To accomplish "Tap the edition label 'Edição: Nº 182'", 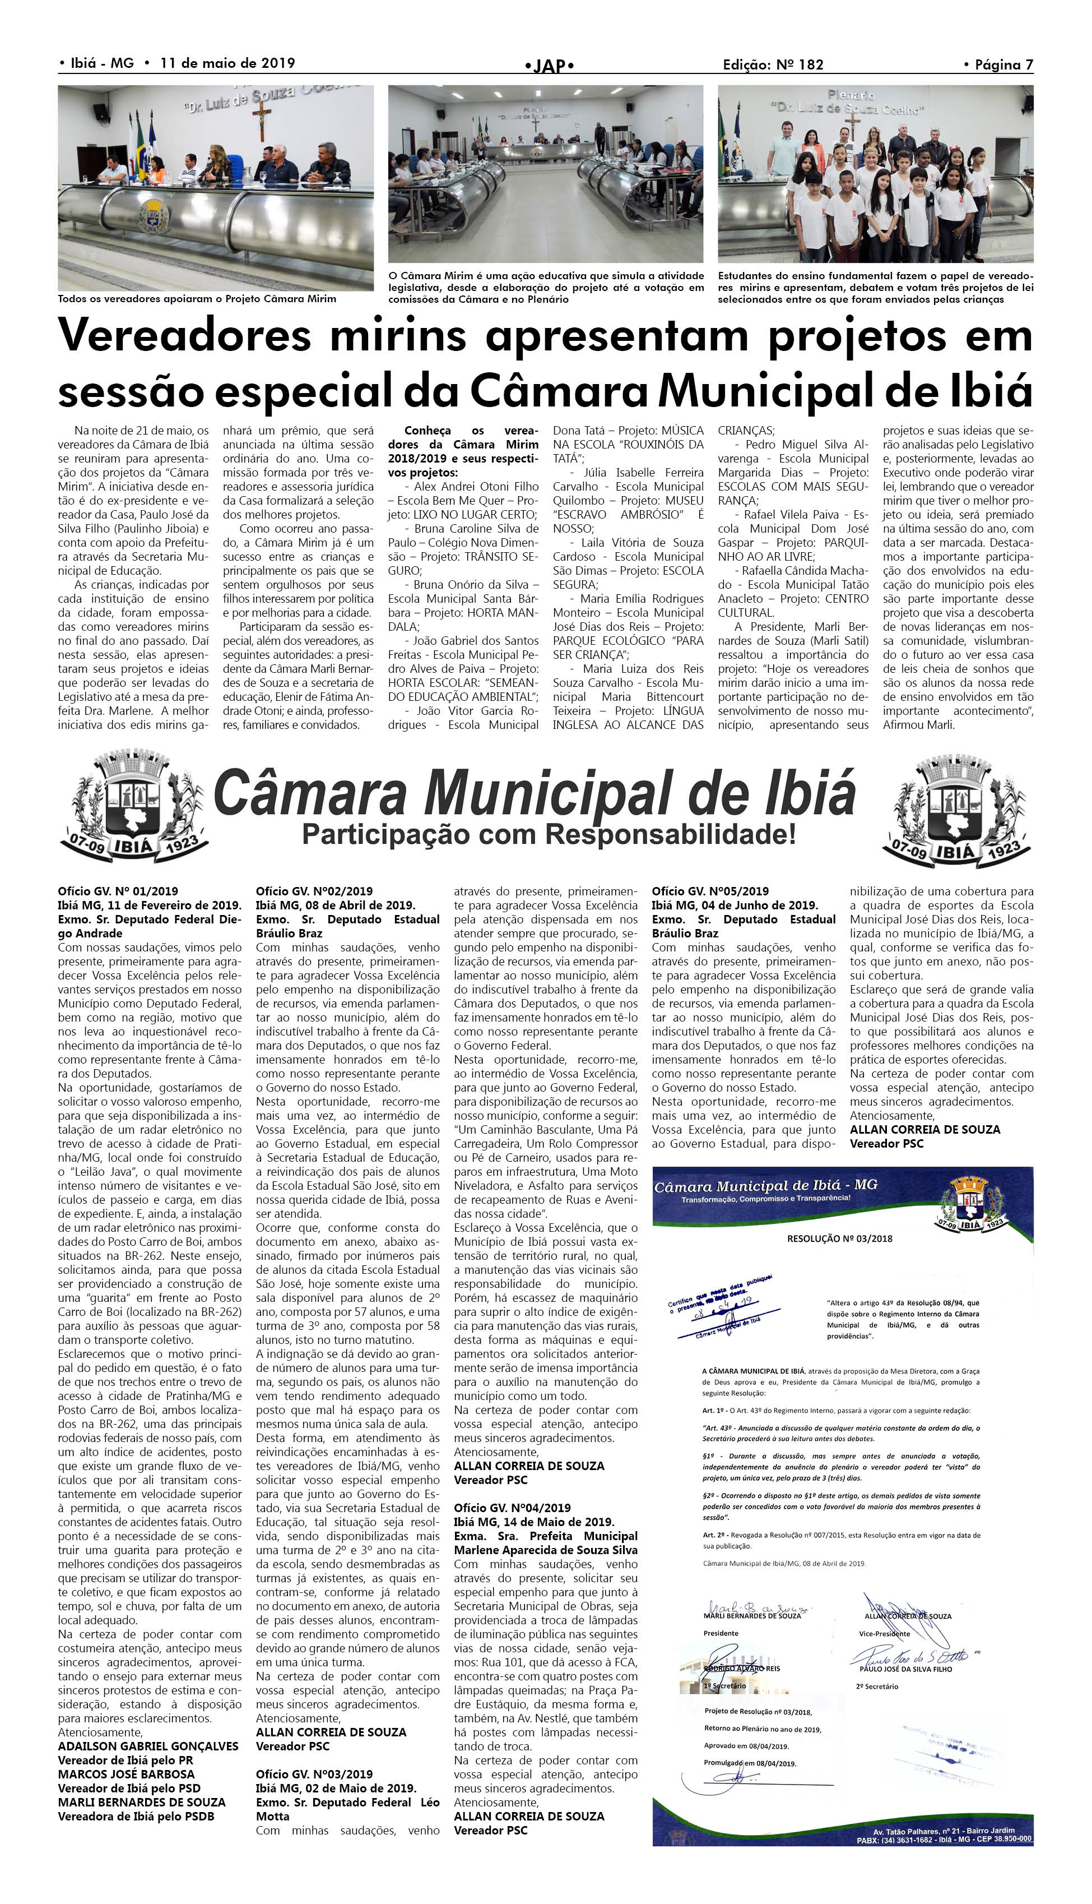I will [773, 64].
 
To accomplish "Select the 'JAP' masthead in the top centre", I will [550, 66].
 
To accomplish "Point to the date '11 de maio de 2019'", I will [227, 63].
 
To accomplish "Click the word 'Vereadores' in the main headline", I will [184, 335].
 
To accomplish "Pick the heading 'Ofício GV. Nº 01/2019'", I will [118, 891].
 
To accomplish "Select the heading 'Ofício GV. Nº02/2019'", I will [314, 891].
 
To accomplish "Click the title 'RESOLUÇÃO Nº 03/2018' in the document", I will [839, 1239].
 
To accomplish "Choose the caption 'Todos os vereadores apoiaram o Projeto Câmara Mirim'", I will [197, 299].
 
